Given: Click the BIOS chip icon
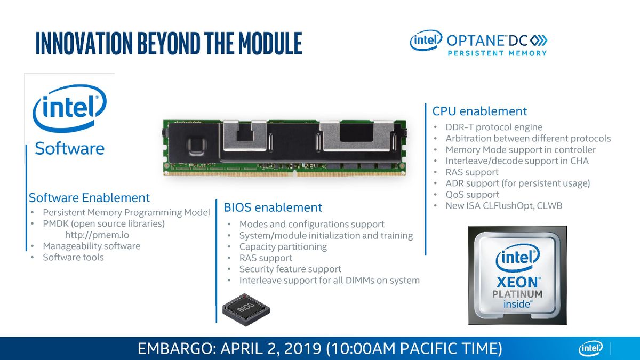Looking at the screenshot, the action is (246, 309).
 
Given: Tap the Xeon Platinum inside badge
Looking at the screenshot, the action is (517, 275).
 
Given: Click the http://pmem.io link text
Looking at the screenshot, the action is (97, 235).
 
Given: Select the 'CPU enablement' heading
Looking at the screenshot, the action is (479, 111).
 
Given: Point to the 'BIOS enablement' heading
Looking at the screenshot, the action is (273, 207).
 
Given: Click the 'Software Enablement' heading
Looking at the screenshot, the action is (89, 198).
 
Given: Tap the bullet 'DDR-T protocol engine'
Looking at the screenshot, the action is (494, 127).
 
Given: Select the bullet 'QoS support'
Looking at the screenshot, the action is (473, 195).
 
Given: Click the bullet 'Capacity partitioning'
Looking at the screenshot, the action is (283, 246).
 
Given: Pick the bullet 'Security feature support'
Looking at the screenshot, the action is (290, 269).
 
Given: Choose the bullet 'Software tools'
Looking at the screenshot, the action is (73, 258).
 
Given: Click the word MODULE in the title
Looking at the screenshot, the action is (270, 43).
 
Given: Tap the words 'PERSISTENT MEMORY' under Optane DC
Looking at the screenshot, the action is (497, 53).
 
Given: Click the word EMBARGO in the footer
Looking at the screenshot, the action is (175, 349).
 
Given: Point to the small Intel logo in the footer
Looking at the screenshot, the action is (590, 349).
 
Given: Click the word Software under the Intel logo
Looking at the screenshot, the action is (69, 149).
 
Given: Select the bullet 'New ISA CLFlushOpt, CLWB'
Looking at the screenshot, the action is (503, 206).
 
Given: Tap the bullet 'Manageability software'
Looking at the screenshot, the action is (91, 246).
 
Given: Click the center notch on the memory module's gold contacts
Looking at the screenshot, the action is (295, 172).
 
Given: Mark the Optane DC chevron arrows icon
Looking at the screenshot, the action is (539, 41).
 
